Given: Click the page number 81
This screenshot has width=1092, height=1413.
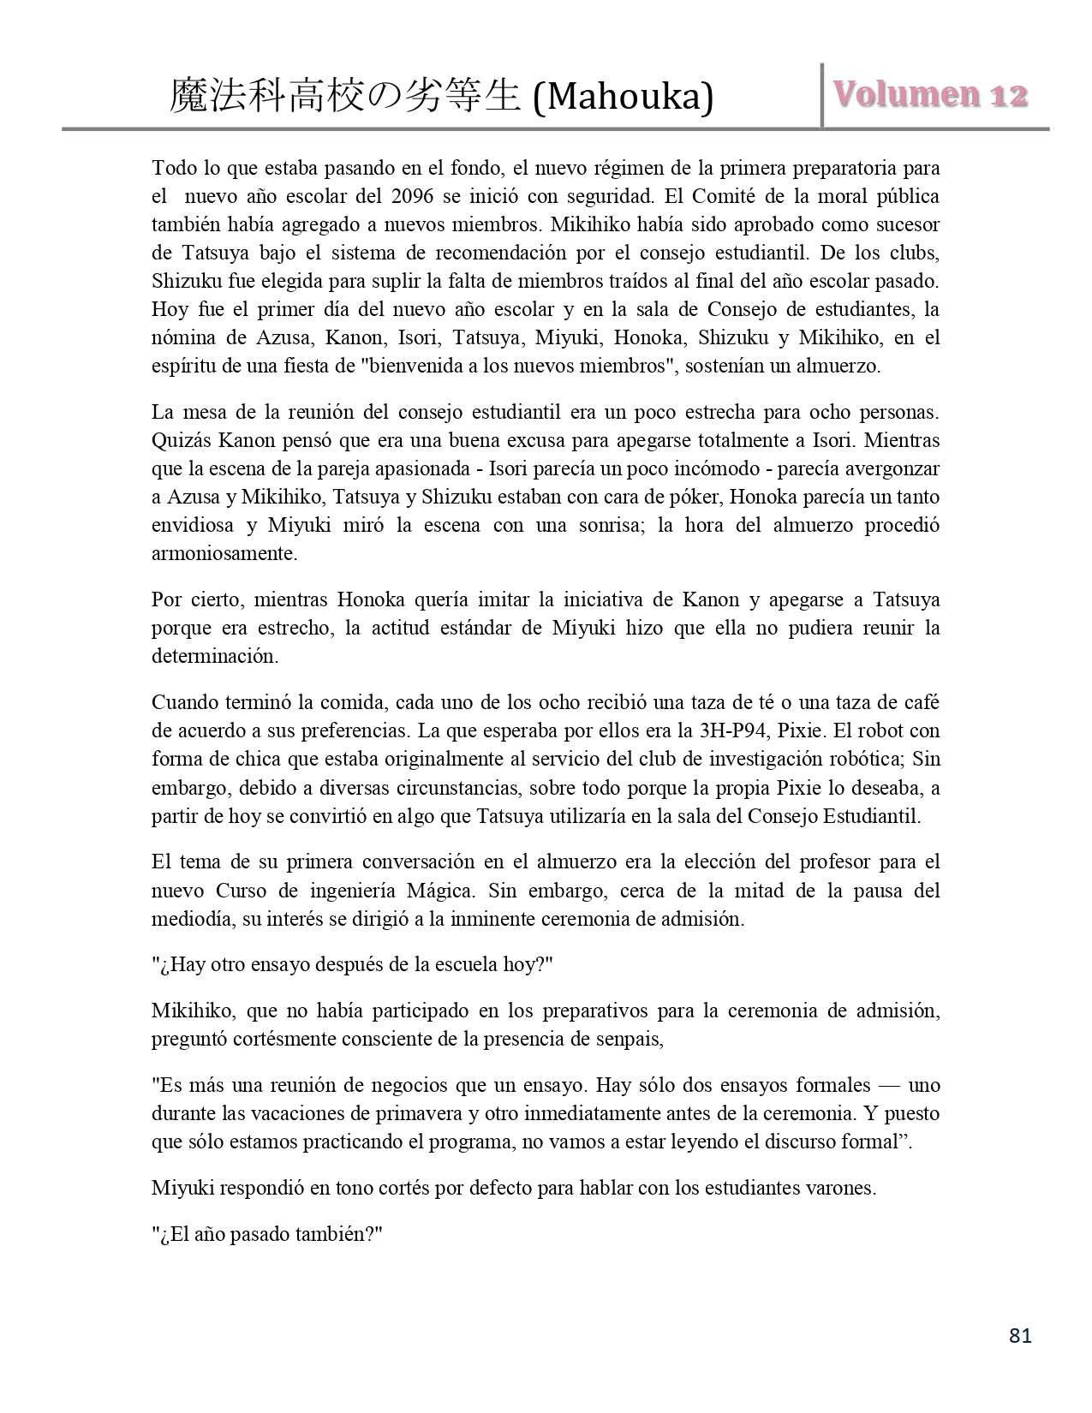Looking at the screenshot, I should pyautogui.click(x=1020, y=1335).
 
